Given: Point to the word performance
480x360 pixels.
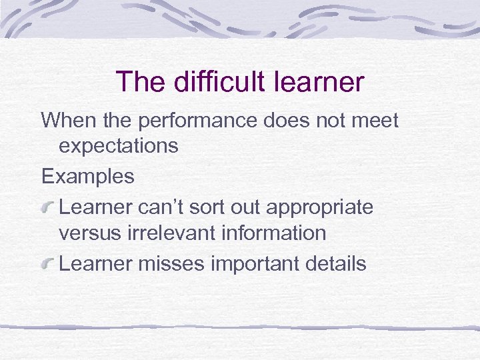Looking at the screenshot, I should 188,121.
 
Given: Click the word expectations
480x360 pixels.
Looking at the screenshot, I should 119,146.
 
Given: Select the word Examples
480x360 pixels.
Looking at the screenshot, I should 87,177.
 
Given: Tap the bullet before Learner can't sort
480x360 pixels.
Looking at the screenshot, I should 49,207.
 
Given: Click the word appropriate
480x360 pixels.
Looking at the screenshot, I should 319,207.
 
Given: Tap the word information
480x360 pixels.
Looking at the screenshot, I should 279,233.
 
